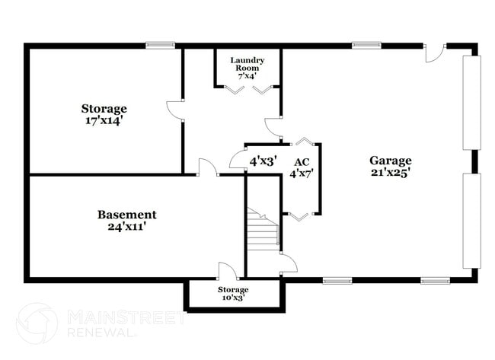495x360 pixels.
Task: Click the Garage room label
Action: [x=391, y=161]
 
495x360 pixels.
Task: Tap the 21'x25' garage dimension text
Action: [x=391, y=173]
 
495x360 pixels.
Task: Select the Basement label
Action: [x=127, y=215]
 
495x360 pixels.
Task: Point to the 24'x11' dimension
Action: [x=127, y=227]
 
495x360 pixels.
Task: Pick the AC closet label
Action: [x=302, y=162]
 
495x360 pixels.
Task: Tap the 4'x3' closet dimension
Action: [x=263, y=161]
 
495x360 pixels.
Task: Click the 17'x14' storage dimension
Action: [x=105, y=120]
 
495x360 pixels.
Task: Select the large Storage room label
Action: [x=104, y=109]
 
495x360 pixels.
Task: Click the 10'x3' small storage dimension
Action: [x=233, y=299]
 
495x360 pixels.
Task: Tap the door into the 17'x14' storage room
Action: [x=175, y=110]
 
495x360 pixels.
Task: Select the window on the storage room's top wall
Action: [x=160, y=46]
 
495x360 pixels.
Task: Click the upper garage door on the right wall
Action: [x=471, y=103]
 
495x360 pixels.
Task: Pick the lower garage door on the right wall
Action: [x=471, y=221]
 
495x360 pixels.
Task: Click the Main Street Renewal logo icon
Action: [x=36, y=323]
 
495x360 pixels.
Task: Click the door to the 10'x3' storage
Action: [x=226, y=272]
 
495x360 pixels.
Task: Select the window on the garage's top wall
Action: [x=366, y=46]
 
